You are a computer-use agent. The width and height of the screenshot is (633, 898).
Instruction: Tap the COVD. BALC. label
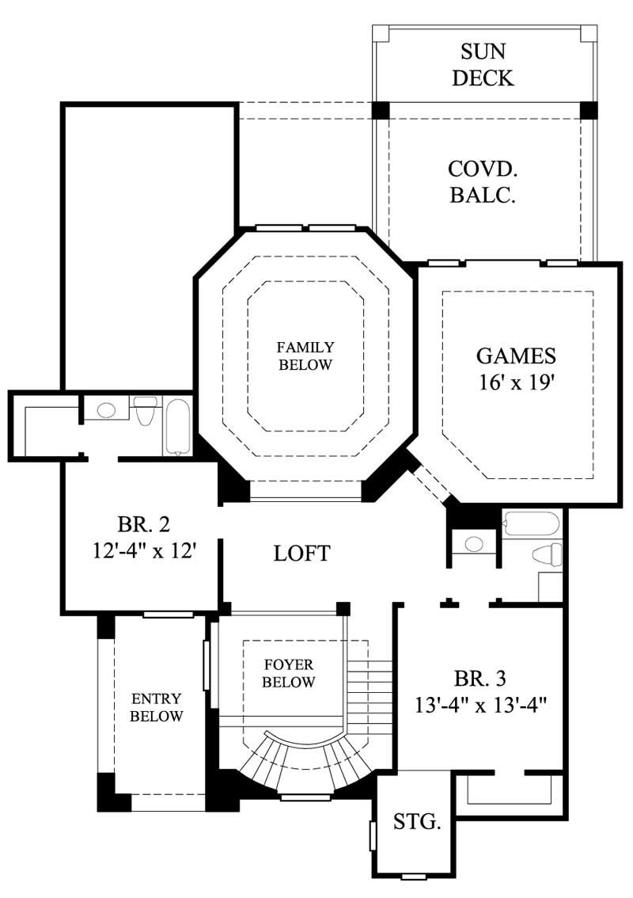[483, 181]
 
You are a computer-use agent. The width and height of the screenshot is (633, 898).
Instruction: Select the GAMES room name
[517, 356]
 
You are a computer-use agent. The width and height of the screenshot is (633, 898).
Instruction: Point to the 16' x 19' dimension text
[517, 382]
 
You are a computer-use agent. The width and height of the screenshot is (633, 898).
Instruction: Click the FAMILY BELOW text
[305, 356]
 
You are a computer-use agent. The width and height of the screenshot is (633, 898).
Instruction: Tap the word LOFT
[301, 553]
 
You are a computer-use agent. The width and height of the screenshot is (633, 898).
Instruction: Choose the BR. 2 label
[143, 524]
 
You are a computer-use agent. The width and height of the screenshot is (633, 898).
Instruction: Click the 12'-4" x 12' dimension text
[143, 550]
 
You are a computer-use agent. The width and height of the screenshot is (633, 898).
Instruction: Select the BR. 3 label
[480, 678]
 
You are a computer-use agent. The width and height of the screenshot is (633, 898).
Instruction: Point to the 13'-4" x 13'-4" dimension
[480, 702]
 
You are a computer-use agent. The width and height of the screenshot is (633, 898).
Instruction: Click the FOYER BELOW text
[290, 673]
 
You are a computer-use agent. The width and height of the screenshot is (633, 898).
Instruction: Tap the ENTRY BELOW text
[157, 708]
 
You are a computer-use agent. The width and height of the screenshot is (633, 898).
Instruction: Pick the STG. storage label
[417, 822]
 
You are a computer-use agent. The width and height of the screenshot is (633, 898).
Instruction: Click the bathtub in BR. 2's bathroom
[177, 427]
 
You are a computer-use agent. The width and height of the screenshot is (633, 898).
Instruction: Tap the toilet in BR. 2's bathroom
[145, 411]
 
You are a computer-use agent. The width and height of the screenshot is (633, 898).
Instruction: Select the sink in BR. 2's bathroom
[106, 409]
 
